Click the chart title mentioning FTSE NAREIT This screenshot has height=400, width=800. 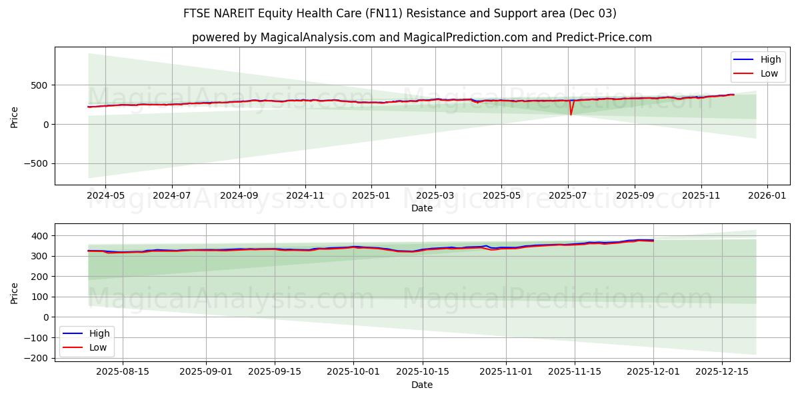(x=400, y=13)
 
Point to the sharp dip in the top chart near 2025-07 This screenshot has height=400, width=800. (x=571, y=114)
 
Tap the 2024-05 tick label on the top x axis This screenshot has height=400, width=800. (x=105, y=196)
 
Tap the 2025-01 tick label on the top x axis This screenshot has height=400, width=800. (x=371, y=196)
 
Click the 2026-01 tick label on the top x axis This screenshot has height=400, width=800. (x=767, y=196)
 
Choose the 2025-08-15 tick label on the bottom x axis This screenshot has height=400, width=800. (x=123, y=371)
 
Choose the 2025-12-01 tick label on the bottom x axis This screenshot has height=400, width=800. (x=653, y=371)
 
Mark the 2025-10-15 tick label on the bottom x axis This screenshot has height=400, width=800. (x=422, y=371)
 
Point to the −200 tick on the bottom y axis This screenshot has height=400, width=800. (x=37, y=358)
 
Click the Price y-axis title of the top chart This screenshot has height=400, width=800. (x=15, y=116)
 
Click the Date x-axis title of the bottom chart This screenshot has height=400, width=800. (x=422, y=385)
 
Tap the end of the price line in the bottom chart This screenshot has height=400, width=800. (x=653, y=240)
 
